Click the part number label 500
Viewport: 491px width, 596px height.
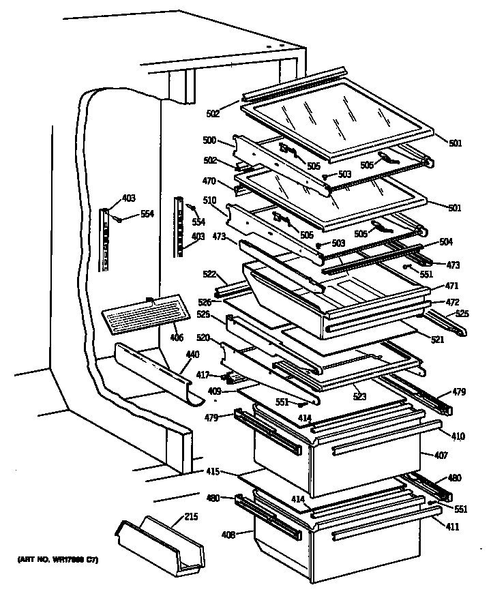209,140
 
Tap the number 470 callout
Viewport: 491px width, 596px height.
209,181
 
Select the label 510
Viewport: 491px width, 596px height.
209,201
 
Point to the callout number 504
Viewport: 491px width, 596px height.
445,242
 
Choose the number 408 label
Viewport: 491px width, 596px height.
228,534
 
